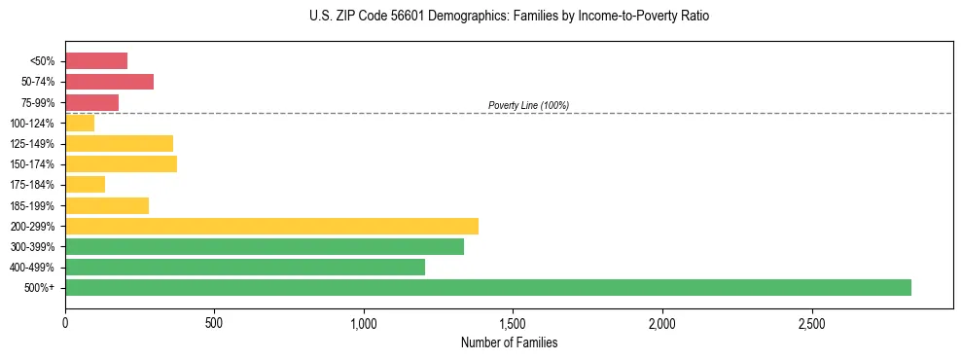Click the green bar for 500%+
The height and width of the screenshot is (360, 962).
pos(487,287)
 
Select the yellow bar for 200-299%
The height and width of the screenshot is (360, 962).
pos(271,226)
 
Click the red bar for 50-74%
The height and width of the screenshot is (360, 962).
pos(109,81)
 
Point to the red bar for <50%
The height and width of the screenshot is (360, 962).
pos(96,60)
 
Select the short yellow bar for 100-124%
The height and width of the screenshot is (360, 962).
pos(80,123)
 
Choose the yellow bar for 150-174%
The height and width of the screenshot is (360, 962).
pos(121,163)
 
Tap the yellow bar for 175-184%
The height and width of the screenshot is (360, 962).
pos(85,184)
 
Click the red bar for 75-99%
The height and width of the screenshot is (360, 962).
pos(91,102)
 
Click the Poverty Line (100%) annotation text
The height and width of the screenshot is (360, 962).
pos(528,105)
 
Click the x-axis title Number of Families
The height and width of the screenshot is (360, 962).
pos(509,342)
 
